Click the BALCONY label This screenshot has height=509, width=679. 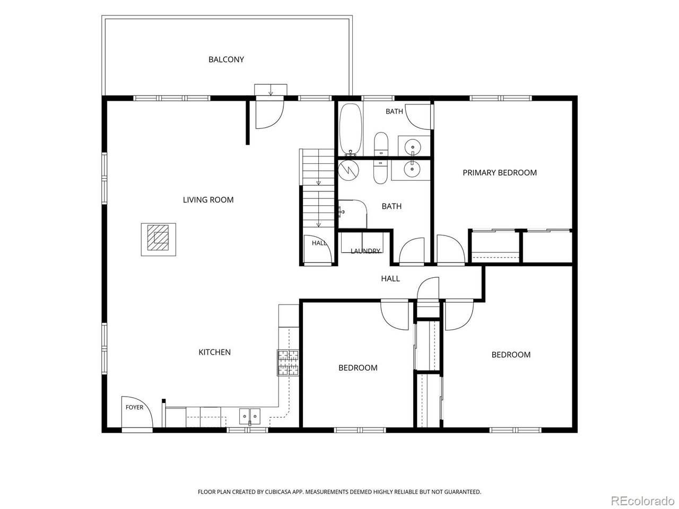(226, 59)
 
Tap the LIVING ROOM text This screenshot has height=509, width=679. (208, 200)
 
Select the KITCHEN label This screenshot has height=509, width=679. (214, 352)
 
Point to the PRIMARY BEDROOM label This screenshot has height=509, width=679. (500, 173)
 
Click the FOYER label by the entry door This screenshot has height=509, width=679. (134, 407)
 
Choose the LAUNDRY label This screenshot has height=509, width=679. (365, 251)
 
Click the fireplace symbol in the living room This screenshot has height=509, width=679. (159, 240)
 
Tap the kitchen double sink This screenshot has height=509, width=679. (250, 416)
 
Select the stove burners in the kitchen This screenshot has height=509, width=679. (288, 363)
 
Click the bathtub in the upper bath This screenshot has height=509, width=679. (351, 128)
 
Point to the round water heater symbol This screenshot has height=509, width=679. (349, 170)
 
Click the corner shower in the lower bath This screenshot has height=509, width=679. (353, 214)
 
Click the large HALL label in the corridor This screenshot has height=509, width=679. (390, 279)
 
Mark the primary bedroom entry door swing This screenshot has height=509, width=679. (450, 249)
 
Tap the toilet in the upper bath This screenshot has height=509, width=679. (381, 144)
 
